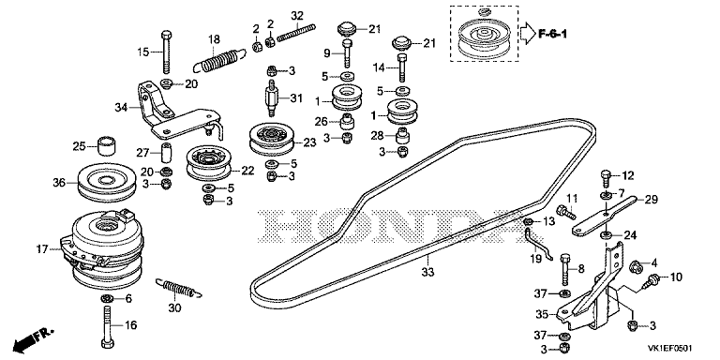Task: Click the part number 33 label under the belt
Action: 427,272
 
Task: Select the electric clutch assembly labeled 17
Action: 102,247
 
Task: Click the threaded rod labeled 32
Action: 296,32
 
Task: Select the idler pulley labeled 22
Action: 208,163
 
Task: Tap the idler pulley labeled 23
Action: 272,138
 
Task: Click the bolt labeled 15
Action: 167,52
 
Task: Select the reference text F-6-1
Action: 552,34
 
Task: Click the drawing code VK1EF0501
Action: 670,349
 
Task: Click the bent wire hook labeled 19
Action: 537,244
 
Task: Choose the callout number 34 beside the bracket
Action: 121,108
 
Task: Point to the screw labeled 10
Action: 652,280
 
